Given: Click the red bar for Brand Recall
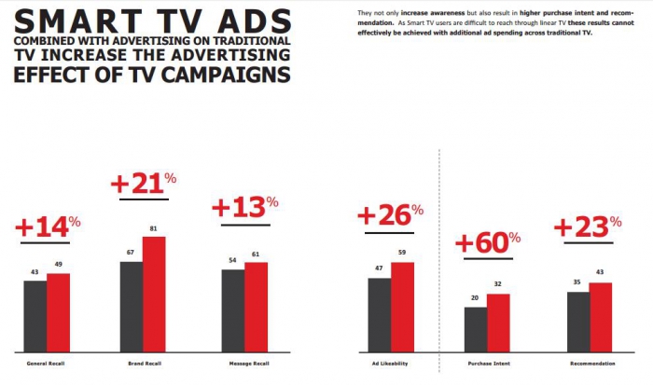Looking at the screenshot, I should click(x=153, y=294).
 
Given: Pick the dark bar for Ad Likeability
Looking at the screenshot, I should click(x=379, y=313).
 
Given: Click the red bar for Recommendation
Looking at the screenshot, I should click(x=601, y=316).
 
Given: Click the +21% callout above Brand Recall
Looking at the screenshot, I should click(x=143, y=184).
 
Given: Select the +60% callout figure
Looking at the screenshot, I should click(x=487, y=243).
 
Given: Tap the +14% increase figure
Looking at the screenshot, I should click(x=48, y=225).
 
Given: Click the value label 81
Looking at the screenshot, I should click(x=153, y=228).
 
